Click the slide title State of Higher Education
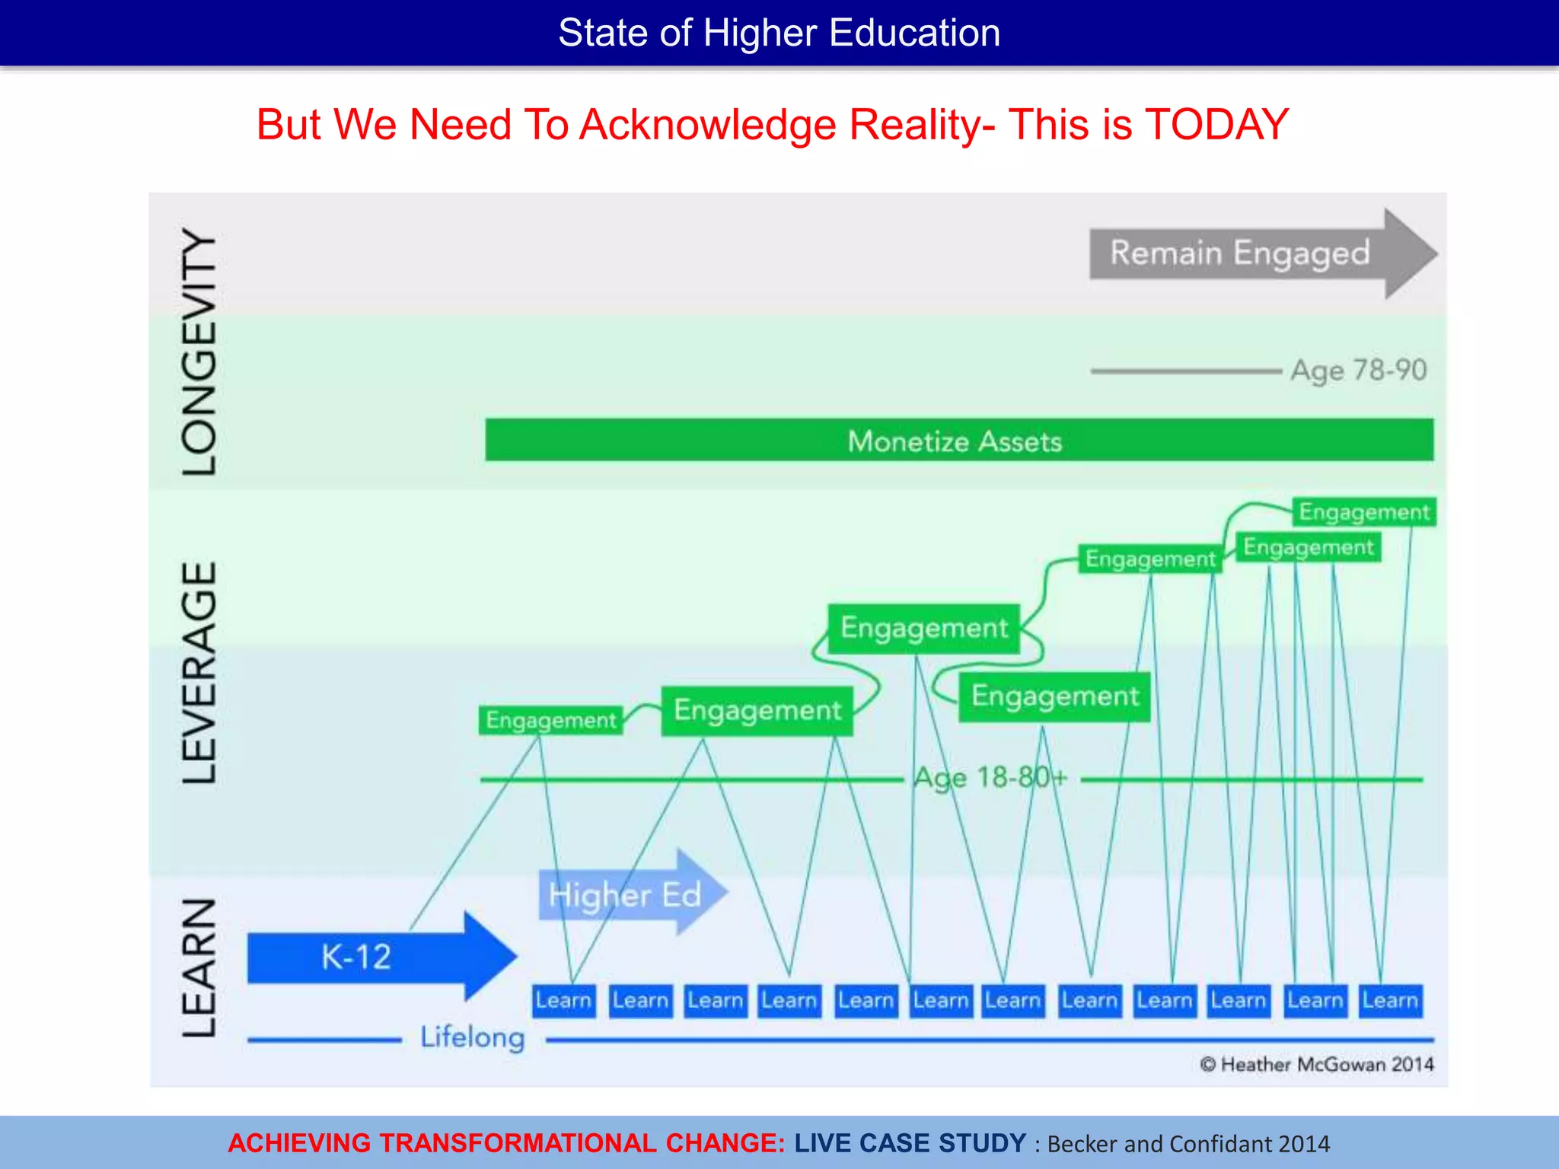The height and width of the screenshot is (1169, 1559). pos(779,33)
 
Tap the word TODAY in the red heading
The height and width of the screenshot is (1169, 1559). pos(1216,125)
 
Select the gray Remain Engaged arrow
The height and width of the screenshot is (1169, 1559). pos(1248,253)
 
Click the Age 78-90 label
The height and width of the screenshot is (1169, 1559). pos(1358,371)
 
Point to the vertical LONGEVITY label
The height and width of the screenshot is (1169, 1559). pos(199,352)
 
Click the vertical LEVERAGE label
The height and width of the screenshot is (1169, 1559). pos(199,673)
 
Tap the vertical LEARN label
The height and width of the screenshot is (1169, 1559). pos(199,968)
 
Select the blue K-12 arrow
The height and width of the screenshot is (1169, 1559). pos(373,956)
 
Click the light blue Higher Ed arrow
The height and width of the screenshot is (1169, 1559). pos(628,893)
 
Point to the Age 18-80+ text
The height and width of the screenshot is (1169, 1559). pos(990,778)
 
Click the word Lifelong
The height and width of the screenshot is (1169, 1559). pos(473,1037)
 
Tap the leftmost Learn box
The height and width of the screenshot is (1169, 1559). pos(563,1000)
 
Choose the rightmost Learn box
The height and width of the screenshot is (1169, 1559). pos(1390,1000)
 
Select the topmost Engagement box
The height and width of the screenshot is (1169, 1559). pos(1363,512)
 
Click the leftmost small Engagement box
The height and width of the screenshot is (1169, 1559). pos(550,720)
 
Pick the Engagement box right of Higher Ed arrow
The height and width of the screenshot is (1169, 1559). pos(757,710)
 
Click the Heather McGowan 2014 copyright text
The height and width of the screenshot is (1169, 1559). pos(1318,1064)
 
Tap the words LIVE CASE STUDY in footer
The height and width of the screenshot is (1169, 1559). pos(910,1143)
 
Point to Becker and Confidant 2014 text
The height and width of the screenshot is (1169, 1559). pos(1188,1144)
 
